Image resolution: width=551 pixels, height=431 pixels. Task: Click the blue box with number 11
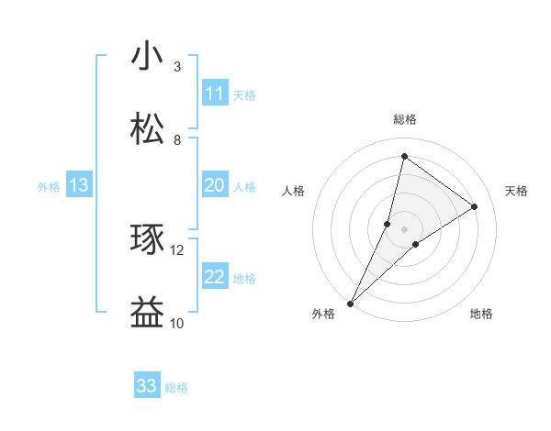tap(215, 94)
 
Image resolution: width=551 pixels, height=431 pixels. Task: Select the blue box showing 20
tap(215, 186)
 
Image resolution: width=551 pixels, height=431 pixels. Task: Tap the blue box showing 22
tap(215, 277)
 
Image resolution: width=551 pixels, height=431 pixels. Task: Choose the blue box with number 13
tap(79, 186)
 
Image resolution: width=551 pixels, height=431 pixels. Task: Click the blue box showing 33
tap(147, 386)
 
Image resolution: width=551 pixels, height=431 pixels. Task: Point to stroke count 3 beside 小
tap(177, 67)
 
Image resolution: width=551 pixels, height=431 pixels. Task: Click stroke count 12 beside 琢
tap(177, 249)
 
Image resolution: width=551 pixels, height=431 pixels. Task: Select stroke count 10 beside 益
tap(177, 323)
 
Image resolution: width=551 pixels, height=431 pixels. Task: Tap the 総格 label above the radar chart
tap(404, 120)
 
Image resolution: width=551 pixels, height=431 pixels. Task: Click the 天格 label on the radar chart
tap(516, 191)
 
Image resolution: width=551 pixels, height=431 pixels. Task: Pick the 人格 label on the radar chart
tap(293, 191)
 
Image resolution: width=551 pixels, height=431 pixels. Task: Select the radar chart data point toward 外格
tap(350, 303)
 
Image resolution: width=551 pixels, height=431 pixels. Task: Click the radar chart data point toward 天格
tap(475, 206)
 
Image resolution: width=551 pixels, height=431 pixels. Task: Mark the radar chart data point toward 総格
tap(404, 156)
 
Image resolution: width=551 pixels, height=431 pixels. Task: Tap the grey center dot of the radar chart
tap(404, 228)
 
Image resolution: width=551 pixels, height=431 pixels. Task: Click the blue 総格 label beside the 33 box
tap(177, 388)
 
